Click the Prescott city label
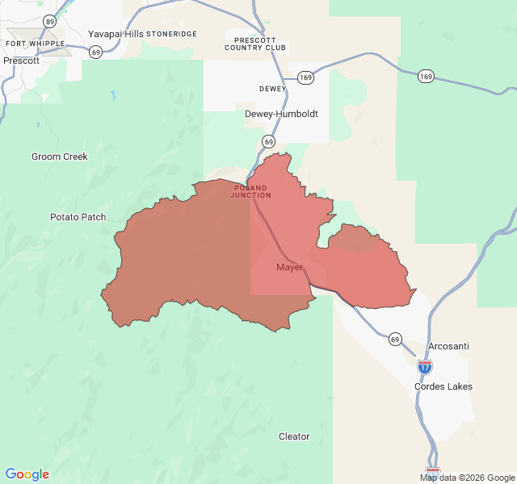click(21, 60)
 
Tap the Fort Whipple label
click(30, 43)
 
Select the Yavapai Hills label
click(116, 35)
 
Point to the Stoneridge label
click(171, 35)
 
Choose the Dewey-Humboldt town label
click(281, 114)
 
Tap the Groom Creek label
click(59, 156)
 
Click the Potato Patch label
click(78, 217)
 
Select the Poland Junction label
click(250, 191)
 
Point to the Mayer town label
click(289, 267)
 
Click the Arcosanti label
click(448, 346)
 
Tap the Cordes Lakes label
click(443, 386)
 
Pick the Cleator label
click(294, 436)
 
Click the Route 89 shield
click(51, 20)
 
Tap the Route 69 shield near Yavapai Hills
click(96, 52)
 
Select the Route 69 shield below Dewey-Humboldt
click(269, 141)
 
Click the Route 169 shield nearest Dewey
click(305, 77)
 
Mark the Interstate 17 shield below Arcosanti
click(425, 366)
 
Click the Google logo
click(27, 474)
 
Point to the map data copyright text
click(467, 478)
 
